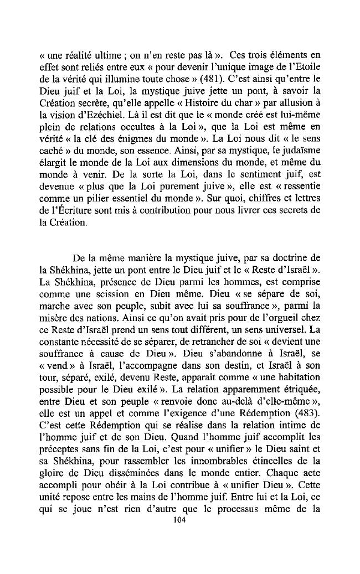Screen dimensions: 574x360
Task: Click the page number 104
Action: click(x=178, y=520)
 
